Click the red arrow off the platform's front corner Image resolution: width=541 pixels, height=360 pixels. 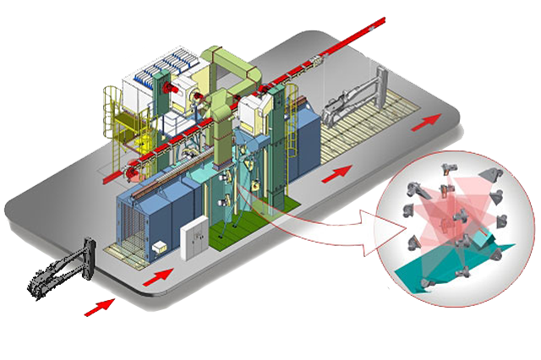point(101,306)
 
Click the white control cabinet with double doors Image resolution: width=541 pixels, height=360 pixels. point(196,236)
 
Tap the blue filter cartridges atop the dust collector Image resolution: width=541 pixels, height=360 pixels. point(174,67)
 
